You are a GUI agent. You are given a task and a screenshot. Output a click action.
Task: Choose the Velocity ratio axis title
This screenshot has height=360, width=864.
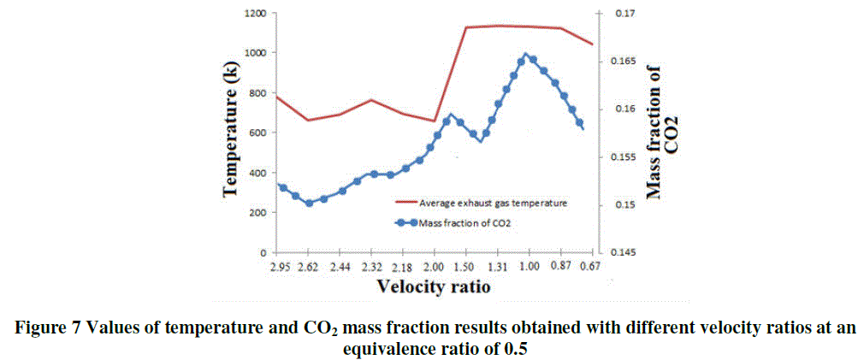pos(435,287)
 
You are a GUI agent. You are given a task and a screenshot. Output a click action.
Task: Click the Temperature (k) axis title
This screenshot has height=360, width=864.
pos(230,133)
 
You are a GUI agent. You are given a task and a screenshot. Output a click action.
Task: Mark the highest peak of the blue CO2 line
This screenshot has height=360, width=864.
pos(525,55)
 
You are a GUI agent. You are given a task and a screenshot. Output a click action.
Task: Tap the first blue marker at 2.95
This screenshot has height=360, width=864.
pos(282,187)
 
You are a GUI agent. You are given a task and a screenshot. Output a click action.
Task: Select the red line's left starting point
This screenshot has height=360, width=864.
pos(275,97)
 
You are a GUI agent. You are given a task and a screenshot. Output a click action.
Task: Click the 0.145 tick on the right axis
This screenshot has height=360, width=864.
pos(623,253)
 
